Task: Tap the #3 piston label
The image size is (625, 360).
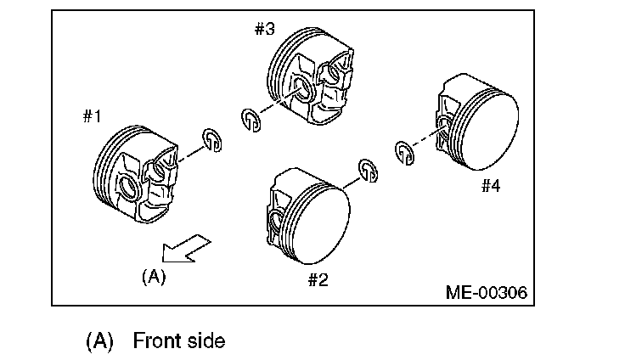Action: click(x=264, y=29)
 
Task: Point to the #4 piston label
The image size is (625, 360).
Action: click(x=491, y=185)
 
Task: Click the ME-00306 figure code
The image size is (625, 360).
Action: click(x=487, y=293)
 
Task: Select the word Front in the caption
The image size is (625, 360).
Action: click(x=160, y=341)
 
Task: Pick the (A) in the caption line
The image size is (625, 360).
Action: click(x=99, y=341)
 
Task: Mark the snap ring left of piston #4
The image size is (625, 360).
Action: click(x=405, y=151)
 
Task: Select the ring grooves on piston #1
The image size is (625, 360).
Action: click(x=107, y=166)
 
